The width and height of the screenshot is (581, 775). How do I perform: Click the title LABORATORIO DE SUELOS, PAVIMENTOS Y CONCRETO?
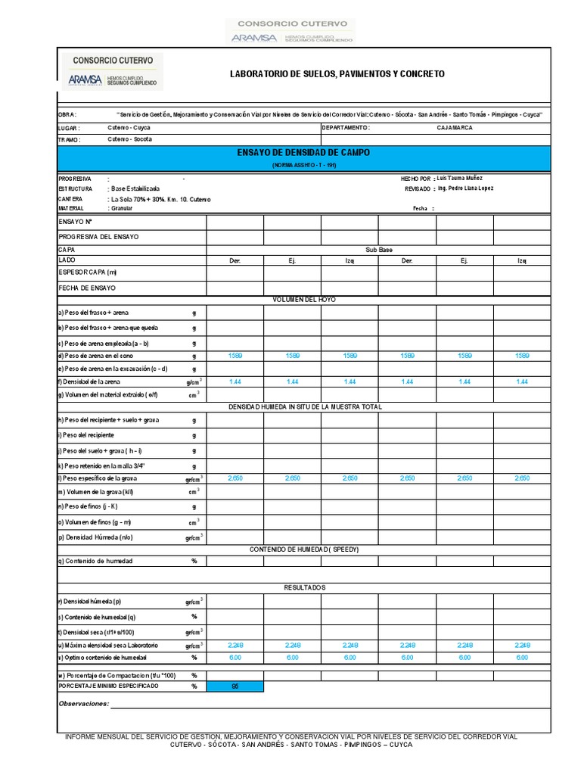337,74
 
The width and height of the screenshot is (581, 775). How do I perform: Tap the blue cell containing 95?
235,686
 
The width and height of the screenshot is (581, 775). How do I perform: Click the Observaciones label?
84,704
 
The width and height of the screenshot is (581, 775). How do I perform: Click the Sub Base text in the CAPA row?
378,249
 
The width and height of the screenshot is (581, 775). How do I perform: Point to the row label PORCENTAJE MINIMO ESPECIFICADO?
109,686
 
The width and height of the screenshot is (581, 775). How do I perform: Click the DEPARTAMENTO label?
345,128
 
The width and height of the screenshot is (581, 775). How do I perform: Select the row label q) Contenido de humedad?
95,562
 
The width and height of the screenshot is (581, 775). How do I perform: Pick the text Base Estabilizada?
135,188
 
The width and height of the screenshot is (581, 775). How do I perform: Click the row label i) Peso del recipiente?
86,435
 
